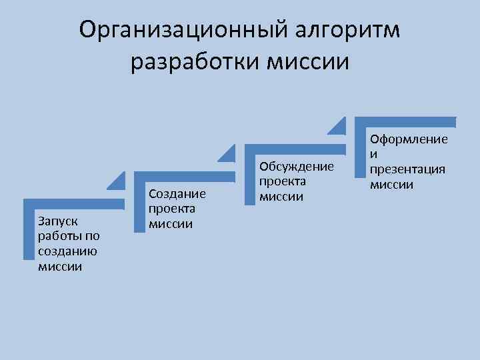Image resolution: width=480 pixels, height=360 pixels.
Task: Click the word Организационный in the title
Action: coord(172,29)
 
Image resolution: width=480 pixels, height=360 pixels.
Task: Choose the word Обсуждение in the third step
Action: coord(295,165)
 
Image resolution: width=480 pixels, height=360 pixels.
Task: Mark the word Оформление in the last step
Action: coord(409,139)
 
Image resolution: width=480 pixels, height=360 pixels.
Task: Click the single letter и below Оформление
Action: coord(374,154)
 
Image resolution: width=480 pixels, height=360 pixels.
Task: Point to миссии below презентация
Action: coord(392,185)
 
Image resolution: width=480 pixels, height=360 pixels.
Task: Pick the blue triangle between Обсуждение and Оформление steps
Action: coord(339,127)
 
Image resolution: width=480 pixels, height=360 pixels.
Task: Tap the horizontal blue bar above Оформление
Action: coord(405,122)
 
